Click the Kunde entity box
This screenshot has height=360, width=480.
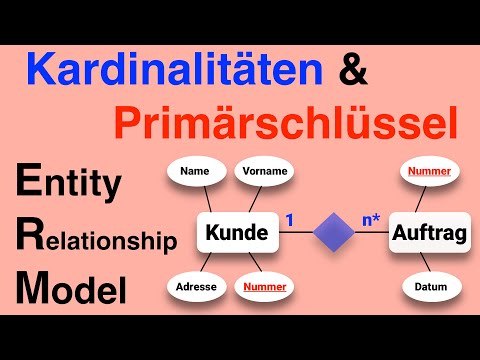point(236,234)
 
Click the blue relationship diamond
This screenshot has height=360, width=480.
point(334,235)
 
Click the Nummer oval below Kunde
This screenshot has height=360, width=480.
point(265,287)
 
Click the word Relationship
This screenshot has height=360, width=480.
point(96,240)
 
